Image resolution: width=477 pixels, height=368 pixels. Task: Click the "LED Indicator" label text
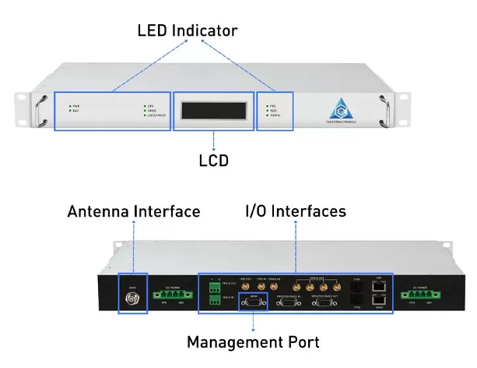coord(187,30)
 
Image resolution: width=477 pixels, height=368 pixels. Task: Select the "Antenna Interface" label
coord(134,211)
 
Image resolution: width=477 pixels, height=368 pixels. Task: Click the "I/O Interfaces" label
coord(296,211)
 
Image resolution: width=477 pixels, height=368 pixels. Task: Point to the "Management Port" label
coord(253,341)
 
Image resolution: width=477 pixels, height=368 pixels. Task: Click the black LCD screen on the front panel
coord(213,110)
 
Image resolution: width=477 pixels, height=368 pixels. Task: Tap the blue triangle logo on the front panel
coord(340,106)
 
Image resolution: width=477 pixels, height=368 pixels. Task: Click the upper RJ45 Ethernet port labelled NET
coord(379,286)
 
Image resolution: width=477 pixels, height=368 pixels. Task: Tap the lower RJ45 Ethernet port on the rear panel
coord(379,301)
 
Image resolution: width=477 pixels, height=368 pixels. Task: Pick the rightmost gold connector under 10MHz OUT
coord(336,286)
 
